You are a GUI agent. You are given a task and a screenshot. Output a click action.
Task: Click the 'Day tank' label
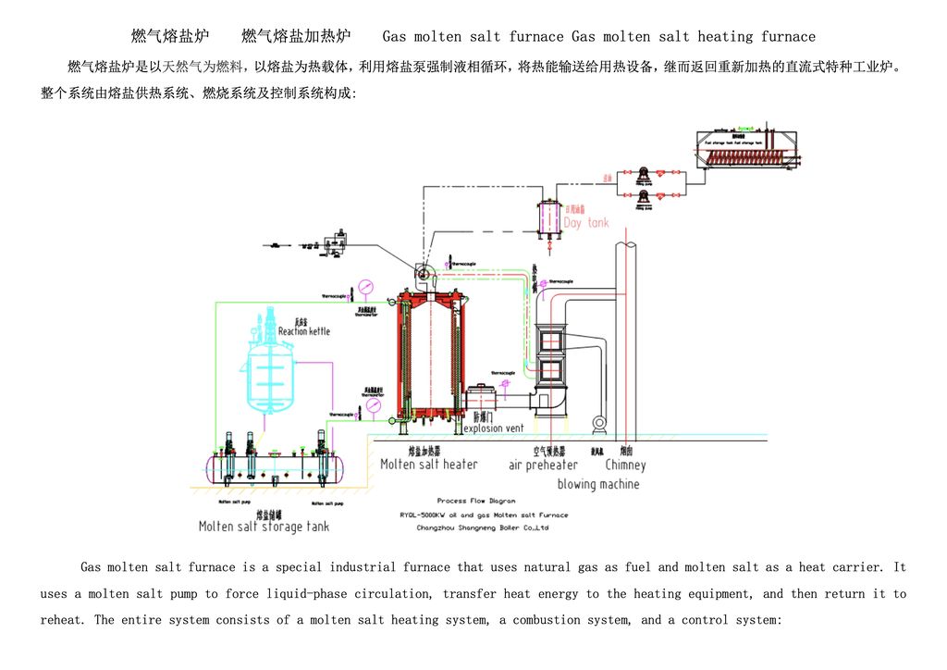pos(586,223)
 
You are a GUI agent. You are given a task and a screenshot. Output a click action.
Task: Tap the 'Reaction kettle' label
pos(303,330)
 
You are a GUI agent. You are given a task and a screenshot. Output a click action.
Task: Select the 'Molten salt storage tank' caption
pos(264,527)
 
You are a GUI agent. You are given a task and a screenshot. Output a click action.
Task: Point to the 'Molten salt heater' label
pos(429,465)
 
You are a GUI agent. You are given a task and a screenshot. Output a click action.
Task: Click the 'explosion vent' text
pos(493,428)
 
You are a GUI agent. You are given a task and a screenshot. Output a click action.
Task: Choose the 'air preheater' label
pos(543,465)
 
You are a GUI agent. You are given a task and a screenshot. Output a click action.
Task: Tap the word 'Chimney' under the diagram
pos(626,465)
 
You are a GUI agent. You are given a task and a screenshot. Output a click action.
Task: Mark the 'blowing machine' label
pos(597,484)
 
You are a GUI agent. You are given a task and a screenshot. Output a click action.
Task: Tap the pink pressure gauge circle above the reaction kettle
pos(368,284)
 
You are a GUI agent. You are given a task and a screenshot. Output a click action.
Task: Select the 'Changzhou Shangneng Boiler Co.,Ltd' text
pos(483,527)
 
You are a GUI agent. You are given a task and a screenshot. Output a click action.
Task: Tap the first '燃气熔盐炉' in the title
pos(162,37)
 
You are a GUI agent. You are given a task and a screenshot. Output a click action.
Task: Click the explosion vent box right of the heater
pos(482,399)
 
